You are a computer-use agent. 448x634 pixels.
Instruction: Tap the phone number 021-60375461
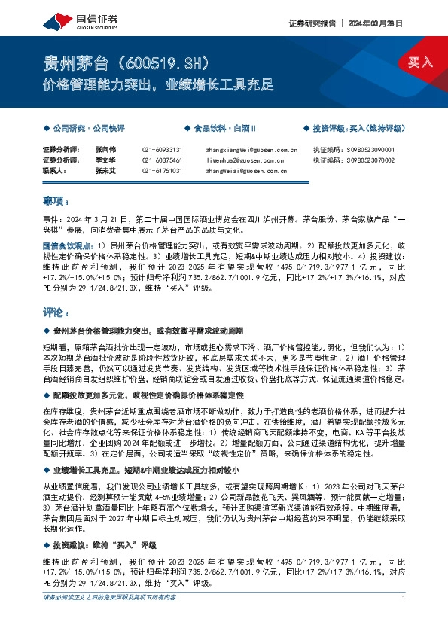coord(162,160)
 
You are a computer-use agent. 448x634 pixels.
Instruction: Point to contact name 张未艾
coord(106,171)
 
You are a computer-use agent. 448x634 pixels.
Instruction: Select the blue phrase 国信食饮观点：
coord(67,245)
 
